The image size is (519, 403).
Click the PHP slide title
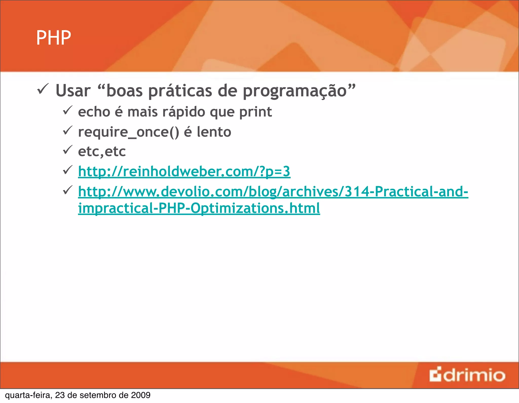[x=53, y=38]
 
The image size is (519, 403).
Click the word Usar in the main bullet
[x=73, y=91]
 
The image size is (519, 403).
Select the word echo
[x=94, y=112]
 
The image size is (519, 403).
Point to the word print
[x=255, y=112]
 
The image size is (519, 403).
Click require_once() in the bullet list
[x=128, y=132]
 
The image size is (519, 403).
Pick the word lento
[x=214, y=132]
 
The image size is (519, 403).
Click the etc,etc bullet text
[x=102, y=152]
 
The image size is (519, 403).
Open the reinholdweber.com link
[x=184, y=172]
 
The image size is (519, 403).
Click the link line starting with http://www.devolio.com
[x=273, y=192]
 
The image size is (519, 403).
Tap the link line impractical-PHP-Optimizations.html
[x=199, y=208]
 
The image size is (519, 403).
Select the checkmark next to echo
[x=67, y=110]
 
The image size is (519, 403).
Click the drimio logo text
[x=474, y=375]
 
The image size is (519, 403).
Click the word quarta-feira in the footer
[x=28, y=395]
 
